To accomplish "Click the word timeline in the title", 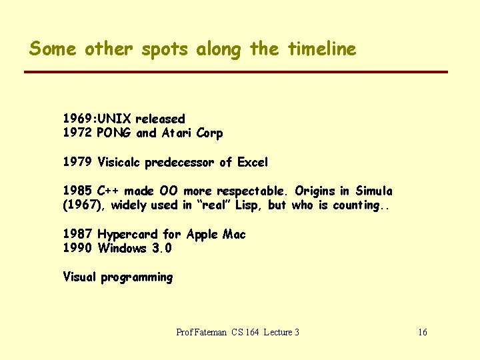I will [x=322, y=49].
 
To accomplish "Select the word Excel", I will [x=253, y=162].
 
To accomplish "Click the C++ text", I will [x=108, y=191].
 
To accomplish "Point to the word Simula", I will [x=373, y=191].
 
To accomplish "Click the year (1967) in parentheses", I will [x=84, y=205].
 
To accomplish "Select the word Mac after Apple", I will [x=234, y=234].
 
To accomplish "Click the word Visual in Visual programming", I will [x=79, y=277].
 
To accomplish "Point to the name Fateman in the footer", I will [x=213, y=332].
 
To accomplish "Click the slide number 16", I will [x=422, y=332].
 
